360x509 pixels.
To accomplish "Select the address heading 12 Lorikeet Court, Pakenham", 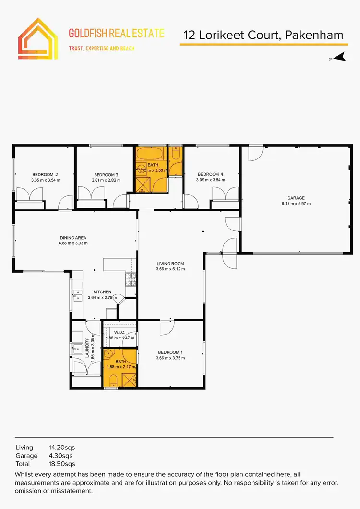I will pos(264,35).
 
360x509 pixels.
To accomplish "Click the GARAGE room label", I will pos(296,198).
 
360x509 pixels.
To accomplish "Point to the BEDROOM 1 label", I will pos(170,352).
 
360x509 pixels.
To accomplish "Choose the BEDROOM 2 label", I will pos(45,174).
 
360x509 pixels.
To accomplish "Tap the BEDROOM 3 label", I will pos(106,174).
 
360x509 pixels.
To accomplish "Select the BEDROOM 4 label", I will pos(210,174).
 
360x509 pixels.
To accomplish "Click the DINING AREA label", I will pos(73,237).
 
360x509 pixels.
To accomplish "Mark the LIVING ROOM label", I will pos(170,264).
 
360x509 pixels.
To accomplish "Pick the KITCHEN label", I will pos(102,292).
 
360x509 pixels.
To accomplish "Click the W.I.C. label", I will pos(120,331).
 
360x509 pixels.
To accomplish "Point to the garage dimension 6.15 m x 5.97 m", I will pos(296,204).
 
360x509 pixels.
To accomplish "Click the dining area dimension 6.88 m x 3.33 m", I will pos(73,243).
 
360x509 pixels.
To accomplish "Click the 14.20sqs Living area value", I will pos(62,448).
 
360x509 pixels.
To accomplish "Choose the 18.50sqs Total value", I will pos(62,464).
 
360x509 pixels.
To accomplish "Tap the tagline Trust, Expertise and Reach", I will pos(102,48).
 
